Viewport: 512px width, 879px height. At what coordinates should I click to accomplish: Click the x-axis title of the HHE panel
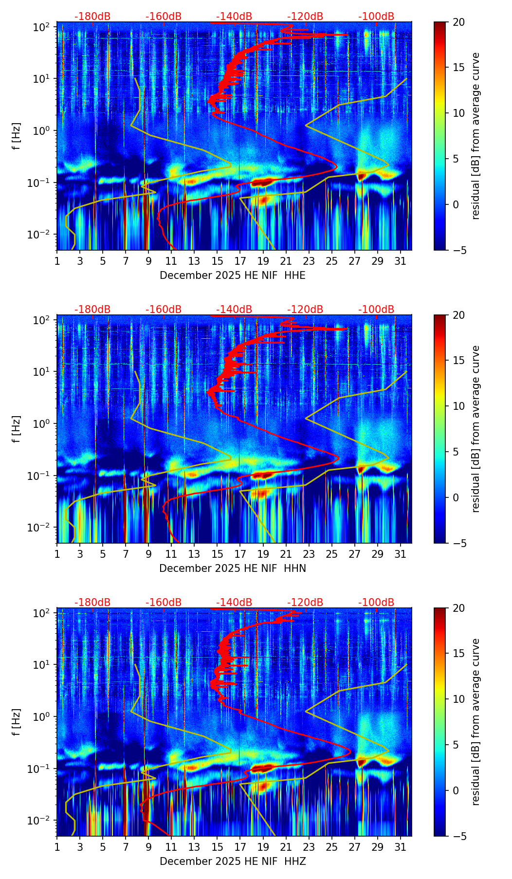point(233,275)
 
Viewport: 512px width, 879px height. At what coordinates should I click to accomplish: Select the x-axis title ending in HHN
point(233,568)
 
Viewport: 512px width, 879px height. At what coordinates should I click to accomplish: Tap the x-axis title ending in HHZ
point(233,861)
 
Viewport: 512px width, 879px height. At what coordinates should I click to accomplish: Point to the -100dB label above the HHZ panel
point(376,603)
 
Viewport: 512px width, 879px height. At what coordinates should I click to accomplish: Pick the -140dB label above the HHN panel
point(234,310)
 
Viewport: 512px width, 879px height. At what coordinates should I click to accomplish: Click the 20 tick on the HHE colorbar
point(458,22)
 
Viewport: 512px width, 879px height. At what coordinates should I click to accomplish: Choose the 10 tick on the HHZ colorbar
point(458,699)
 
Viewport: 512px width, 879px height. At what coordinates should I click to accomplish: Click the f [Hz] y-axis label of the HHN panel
point(17,429)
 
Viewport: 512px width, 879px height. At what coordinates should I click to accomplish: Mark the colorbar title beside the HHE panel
point(475,136)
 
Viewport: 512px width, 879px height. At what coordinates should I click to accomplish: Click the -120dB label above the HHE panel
point(305,17)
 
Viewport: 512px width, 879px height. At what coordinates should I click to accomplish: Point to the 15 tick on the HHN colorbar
point(458,360)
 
